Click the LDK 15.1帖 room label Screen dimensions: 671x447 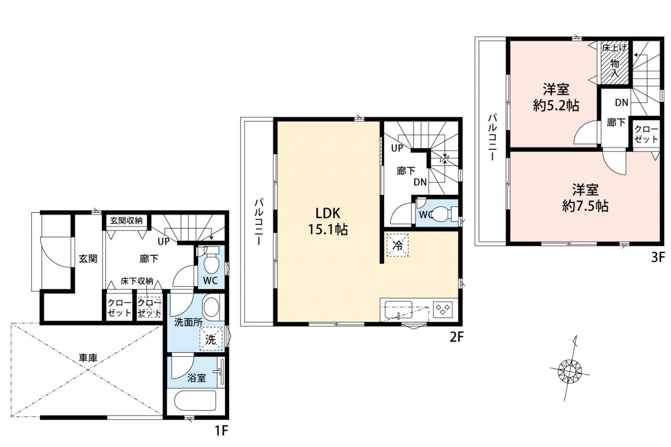pyautogui.click(x=328, y=222)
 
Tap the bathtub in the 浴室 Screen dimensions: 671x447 pyautogui.click(x=195, y=400)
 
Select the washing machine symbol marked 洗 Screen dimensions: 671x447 pyautogui.click(x=211, y=339)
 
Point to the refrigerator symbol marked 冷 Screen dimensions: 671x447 pyautogui.click(x=397, y=245)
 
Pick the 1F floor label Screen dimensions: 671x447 pyautogui.click(x=221, y=431)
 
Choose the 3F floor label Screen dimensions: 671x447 pyautogui.click(x=658, y=257)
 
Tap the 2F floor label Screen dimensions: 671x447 pyautogui.click(x=457, y=337)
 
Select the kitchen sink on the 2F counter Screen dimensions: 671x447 pyautogui.click(x=398, y=310)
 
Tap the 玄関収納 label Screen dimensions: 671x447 pyautogui.click(x=126, y=221)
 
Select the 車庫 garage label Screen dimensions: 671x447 pyautogui.click(x=88, y=358)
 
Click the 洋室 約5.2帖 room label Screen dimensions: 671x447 pyautogui.click(x=556, y=97)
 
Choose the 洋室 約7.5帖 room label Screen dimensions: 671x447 pyautogui.click(x=585, y=198)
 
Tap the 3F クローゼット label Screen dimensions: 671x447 pyautogui.click(x=646, y=134)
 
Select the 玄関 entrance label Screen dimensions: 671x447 pyautogui.click(x=88, y=258)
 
